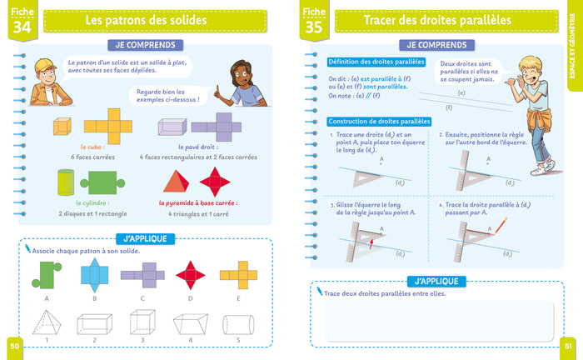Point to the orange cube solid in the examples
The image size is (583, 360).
point(62,127)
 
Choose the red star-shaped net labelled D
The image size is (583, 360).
point(191,272)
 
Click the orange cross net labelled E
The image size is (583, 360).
point(237,272)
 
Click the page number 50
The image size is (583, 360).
point(14,344)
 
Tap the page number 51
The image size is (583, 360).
point(568,344)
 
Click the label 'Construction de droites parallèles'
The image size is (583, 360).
point(379,122)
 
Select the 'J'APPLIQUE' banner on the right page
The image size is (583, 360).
point(431,281)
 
